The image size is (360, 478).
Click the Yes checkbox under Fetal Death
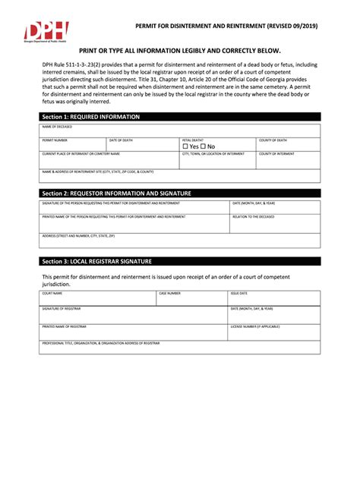point(185,146)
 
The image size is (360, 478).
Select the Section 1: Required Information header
point(91,117)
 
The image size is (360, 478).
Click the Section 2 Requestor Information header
point(116,193)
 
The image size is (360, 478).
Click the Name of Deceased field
point(179,131)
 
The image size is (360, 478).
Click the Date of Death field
point(142,145)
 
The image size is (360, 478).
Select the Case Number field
point(191,297)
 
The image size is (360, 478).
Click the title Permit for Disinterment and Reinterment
point(226,27)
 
